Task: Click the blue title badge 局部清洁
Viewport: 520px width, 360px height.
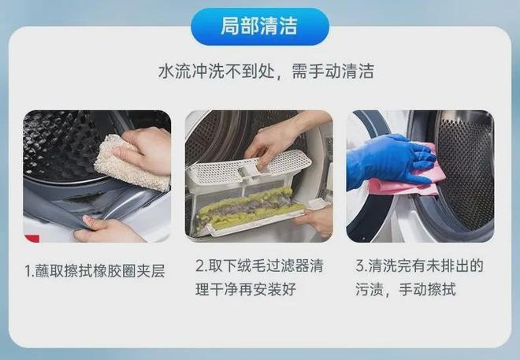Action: click(260, 27)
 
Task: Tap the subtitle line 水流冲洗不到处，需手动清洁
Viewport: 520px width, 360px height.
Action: click(266, 71)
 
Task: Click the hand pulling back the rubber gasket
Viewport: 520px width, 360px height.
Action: click(106, 229)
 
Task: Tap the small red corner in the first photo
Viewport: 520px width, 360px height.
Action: click(32, 238)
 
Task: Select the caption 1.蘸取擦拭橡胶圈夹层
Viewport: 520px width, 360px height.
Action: click(95, 271)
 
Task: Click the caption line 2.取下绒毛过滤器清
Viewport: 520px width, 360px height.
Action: click(259, 265)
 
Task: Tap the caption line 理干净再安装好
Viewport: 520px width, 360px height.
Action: click(246, 289)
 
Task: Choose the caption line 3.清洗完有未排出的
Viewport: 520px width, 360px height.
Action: click(419, 265)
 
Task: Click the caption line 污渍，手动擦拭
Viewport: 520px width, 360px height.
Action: click(406, 289)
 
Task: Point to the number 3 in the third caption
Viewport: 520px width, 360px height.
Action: click(360, 266)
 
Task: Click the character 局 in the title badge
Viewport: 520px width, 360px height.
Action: click(230, 26)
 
